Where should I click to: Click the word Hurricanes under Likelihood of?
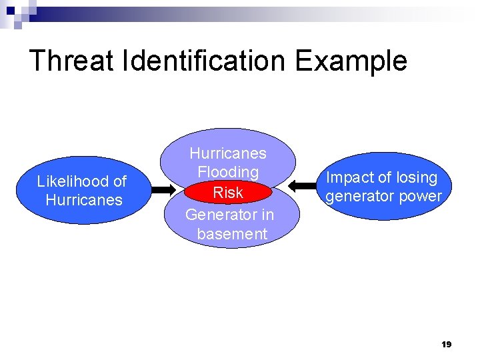coord(84,200)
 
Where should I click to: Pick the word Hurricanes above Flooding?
coord(228,153)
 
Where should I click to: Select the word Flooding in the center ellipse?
coord(228,172)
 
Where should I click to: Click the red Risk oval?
coord(228,193)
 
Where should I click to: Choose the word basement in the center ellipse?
coord(232,234)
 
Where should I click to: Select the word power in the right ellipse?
coord(421,196)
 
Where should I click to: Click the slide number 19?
coord(447,344)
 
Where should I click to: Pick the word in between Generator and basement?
coord(267,215)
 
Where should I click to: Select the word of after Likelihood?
coord(119,181)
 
